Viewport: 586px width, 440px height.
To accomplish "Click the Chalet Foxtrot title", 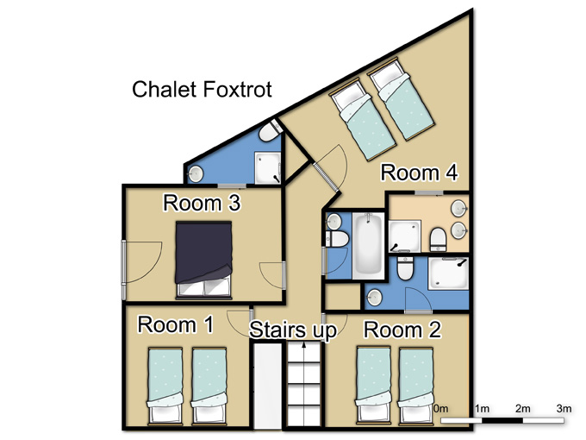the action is (x=202, y=90).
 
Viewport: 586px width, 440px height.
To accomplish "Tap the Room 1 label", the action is (x=175, y=324).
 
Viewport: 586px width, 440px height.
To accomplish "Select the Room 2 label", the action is (x=402, y=330).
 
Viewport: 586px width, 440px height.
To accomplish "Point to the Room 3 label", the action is (x=202, y=203).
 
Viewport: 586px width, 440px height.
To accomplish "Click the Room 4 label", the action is (x=419, y=173).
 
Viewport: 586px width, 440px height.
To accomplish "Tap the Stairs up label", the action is (x=293, y=330).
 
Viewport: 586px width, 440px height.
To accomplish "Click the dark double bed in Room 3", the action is (x=203, y=260).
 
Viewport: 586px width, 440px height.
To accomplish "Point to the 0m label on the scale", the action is (x=441, y=409).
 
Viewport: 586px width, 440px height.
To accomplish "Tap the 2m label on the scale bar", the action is (x=523, y=409).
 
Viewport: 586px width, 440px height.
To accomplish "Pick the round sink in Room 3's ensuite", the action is (x=196, y=173).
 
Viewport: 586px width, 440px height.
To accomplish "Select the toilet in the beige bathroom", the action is (x=438, y=240).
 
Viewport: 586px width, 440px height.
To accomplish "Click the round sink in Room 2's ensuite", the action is (x=374, y=297).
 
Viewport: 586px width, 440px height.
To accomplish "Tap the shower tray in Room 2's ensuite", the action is (x=448, y=273).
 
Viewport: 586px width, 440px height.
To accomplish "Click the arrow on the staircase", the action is (x=304, y=384).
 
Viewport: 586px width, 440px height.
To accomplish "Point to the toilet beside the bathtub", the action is (x=337, y=238).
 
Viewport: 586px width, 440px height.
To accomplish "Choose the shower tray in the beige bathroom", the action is (x=405, y=236).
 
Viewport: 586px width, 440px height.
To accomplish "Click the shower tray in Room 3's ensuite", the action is (x=268, y=167).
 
